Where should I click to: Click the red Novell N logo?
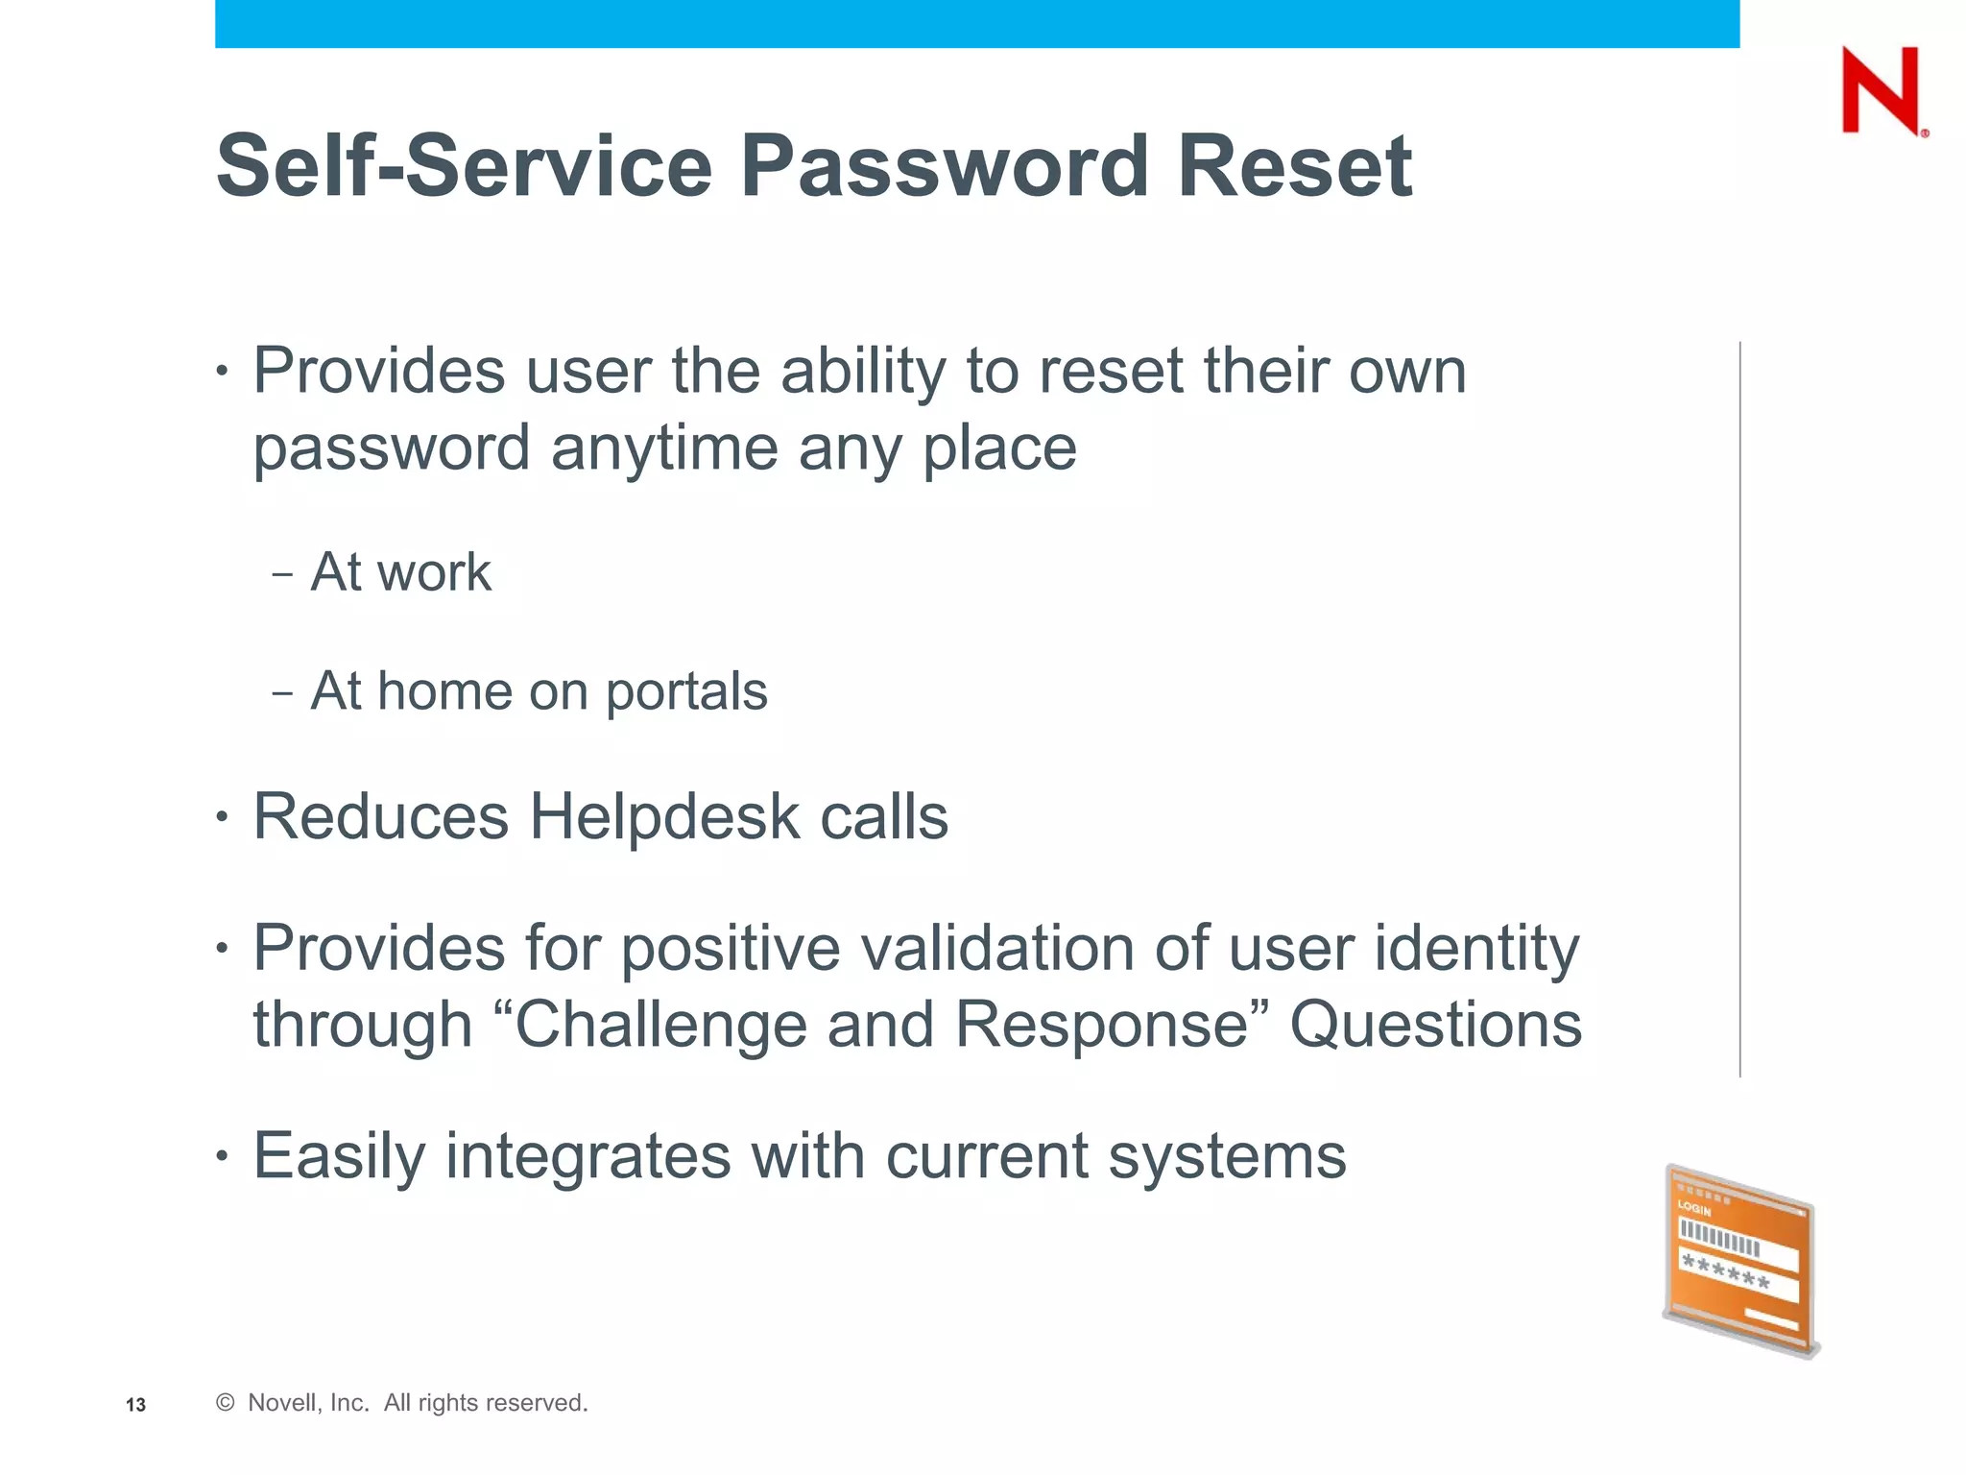click(x=1880, y=91)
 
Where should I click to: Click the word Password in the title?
click(x=945, y=167)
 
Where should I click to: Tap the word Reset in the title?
click(x=1294, y=167)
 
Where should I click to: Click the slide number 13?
click(x=135, y=1405)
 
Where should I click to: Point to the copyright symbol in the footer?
click(x=226, y=1403)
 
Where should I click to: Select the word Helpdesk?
click(x=664, y=817)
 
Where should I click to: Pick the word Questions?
click(x=1435, y=1025)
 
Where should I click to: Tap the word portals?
click(x=686, y=692)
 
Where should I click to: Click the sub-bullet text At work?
click(x=400, y=573)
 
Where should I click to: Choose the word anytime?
click(x=664, y=448)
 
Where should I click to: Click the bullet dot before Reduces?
click(x=223, y=818)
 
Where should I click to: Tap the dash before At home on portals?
click(x=282, y=693)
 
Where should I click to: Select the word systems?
click(x=1227, y=1156)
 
